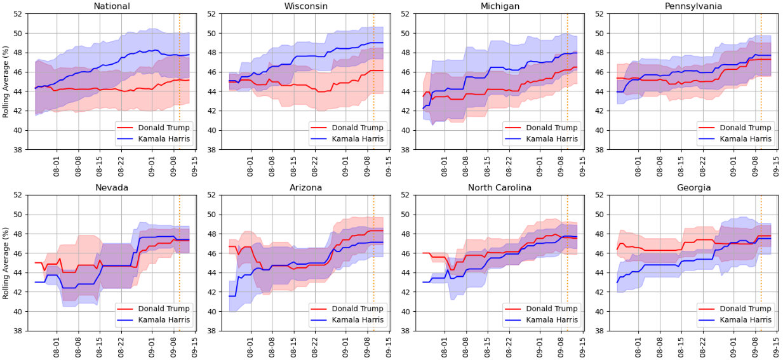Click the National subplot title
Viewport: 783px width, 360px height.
point(112,6)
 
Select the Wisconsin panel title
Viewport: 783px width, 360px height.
point(306,6)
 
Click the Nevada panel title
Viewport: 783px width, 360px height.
point(112,188)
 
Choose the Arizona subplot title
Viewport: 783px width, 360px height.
point(306,188)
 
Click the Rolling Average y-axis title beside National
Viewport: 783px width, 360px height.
point(6,81)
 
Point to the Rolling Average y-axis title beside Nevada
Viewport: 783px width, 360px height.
point(6,263)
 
